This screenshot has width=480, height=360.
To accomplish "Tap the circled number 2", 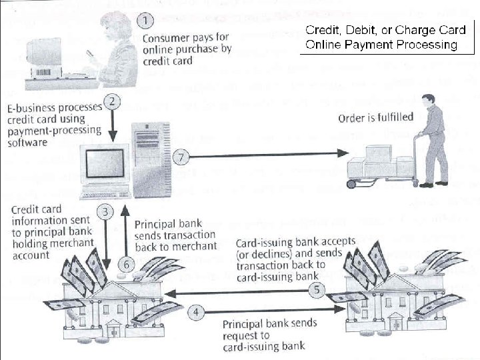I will pyautogui.click(x=114, y=102).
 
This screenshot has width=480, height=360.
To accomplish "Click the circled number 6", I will pyautogui.click(x=125, y=265).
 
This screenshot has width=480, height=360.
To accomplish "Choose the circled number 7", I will pyautogui.click(x=181, y=158).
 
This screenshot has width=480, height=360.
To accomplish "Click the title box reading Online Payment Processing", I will pyautogui.click(x=381, y=37).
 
